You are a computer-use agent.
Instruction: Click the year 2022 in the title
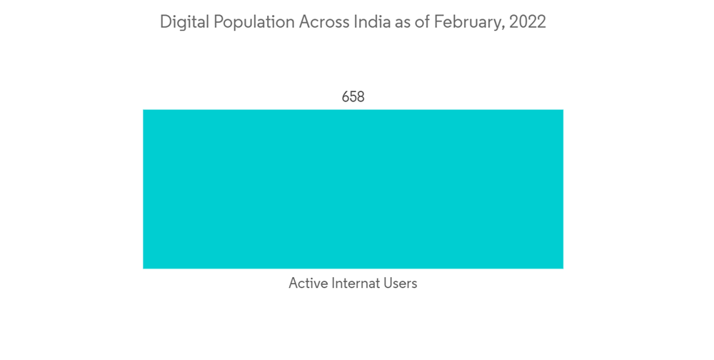528,23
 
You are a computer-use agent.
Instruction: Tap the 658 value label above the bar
353,97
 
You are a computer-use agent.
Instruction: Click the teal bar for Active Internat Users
353,189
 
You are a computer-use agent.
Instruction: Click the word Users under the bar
401,284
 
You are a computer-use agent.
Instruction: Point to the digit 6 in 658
346,97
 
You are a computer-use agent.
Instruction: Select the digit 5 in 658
353,97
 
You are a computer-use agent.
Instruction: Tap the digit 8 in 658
361,97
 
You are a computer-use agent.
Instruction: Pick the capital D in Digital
165,23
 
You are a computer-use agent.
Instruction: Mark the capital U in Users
388,284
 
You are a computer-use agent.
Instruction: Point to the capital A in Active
293,284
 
